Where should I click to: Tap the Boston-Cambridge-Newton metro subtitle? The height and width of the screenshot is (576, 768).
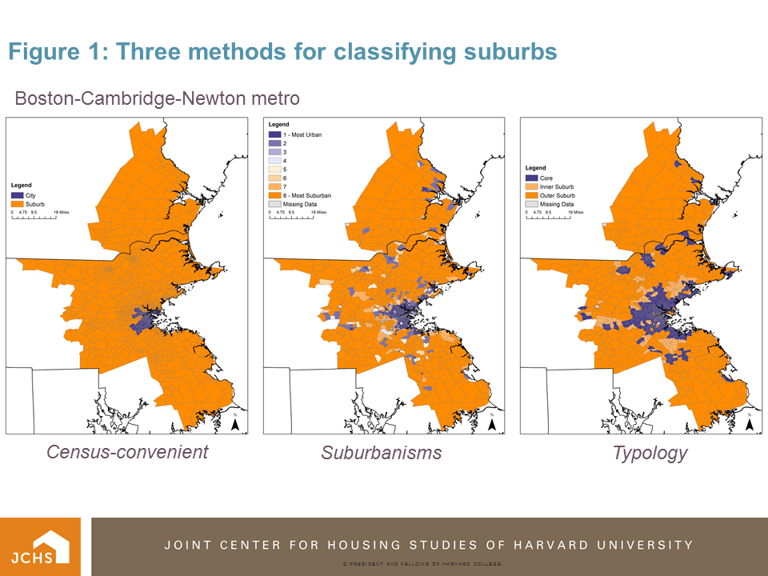[158, 98]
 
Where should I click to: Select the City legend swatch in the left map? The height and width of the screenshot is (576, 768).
[18, 195]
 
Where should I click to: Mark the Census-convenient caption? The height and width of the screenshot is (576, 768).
[127, 452]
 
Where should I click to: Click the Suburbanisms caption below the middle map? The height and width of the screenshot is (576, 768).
[382, 454]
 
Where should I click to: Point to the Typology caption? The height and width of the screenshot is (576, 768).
[650, 454]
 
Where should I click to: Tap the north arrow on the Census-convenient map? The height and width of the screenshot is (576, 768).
[235, 423]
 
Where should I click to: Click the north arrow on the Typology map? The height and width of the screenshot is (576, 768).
[749, 423]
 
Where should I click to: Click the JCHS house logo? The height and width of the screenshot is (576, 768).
[40, 546]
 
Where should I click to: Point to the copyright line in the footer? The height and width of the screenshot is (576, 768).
[422, 564]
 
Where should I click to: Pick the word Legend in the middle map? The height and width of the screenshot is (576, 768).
[278, 126]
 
